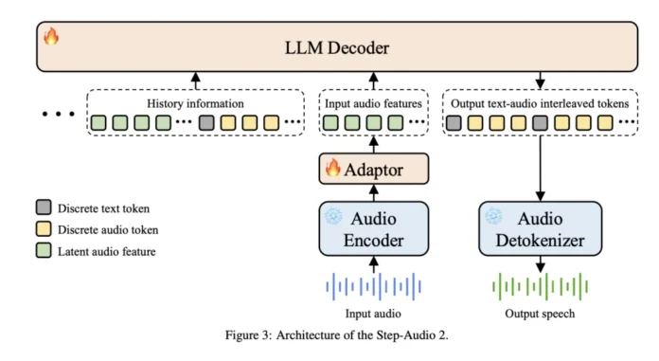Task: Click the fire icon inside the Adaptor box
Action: click(x=333, y=170)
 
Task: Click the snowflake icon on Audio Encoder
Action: click(x=331, y=215)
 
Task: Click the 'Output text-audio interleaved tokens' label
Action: click(x=539, y=103)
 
